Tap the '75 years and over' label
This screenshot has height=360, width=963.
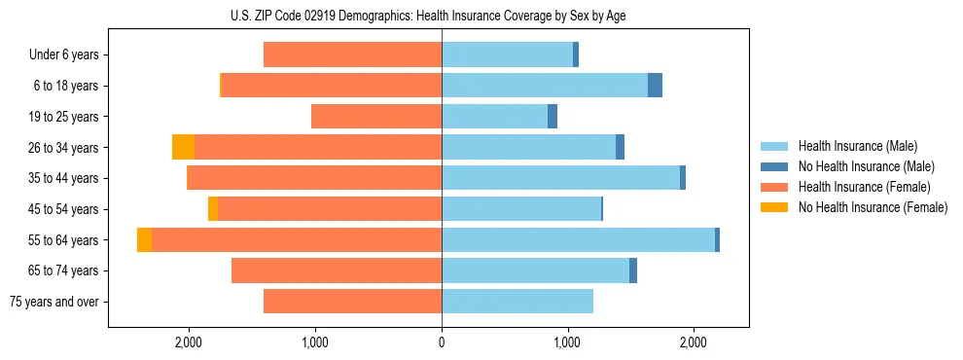(x=54, y=302)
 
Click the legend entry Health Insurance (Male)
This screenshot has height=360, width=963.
(x=857, y=146)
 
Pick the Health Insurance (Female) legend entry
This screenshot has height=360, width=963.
(x=864, y=187)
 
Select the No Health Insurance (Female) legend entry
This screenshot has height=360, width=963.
(x=873, y=207)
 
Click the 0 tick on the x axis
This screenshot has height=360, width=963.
(x=442, y=342)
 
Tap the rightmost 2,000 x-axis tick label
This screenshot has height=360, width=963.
(x=693, y=342)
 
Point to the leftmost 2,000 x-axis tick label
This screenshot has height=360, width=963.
(x=188, y=342)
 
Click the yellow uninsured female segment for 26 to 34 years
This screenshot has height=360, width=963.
(x=183, y=147)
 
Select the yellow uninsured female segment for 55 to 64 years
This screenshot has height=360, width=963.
(x=144, y=239)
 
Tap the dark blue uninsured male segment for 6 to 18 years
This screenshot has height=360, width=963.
(x=655, y=86)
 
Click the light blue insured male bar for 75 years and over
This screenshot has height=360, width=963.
(x=517, y=302)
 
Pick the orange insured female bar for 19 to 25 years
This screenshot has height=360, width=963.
(x=376, y=117)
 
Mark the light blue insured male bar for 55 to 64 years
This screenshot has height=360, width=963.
(x=578, y=239)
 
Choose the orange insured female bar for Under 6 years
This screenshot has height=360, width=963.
(x=352, y=55)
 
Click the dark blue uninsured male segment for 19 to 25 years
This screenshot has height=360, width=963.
(x=553, y=117)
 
